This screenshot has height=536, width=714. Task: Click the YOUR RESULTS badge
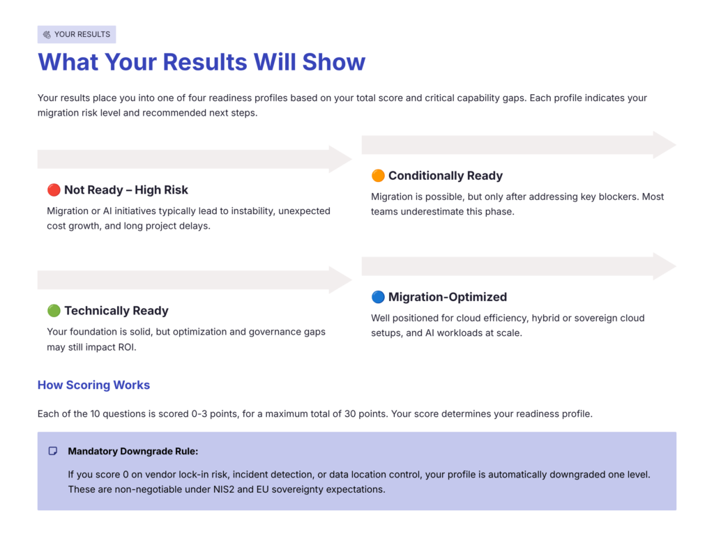click(x=77, y=34)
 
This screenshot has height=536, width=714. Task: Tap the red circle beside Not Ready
click(x=54, y=190)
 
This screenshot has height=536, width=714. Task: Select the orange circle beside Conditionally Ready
click(x=378, y=176)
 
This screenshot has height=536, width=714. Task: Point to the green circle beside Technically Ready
click(x=54, y=311)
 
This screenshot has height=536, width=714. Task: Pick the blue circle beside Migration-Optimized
click(x=378, y=297)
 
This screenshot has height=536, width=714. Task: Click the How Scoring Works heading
click(x=93, y=385)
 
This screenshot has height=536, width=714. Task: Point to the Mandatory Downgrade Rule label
click(x=132, y=452)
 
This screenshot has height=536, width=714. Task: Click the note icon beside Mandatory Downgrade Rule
click(x=53, y=452)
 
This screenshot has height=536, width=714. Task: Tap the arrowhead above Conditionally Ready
click(x=664, y=145)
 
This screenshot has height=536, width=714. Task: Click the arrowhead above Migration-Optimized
click(x=664, y=266)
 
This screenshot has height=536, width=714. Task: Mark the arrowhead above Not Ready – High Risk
click(x=340, y=159)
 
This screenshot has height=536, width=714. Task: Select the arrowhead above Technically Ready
click(x=340, y=280)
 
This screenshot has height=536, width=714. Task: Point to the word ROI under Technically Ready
click(x=125, y=347)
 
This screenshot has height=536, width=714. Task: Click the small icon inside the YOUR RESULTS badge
click(x=47, y=34)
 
